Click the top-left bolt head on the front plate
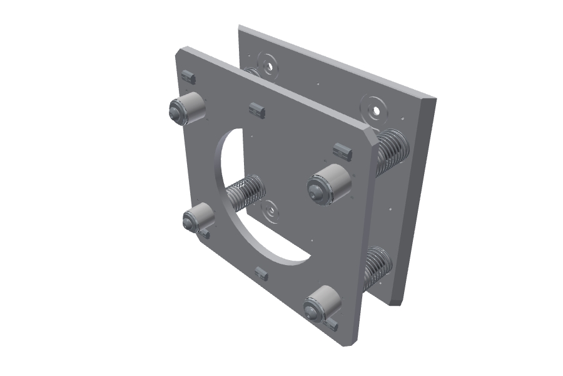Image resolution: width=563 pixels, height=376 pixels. click(x=176, y=112)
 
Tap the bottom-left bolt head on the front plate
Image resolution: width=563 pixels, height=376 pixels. click(x=190, y=220)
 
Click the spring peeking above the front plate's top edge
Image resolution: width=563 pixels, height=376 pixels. click(x=253, y=71)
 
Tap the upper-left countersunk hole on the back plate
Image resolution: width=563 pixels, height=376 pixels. click(x=269, y=65)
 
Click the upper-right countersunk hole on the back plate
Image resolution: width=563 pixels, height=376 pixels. click(x=375, y=109)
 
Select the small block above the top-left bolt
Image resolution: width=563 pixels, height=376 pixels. click(x=188, y=77)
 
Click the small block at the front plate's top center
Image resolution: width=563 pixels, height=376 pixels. click(x=257, y=110)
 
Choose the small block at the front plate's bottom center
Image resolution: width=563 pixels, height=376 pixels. click(x=262, y=274)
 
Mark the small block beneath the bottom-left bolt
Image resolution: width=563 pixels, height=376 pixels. click(x=205, y=234)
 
